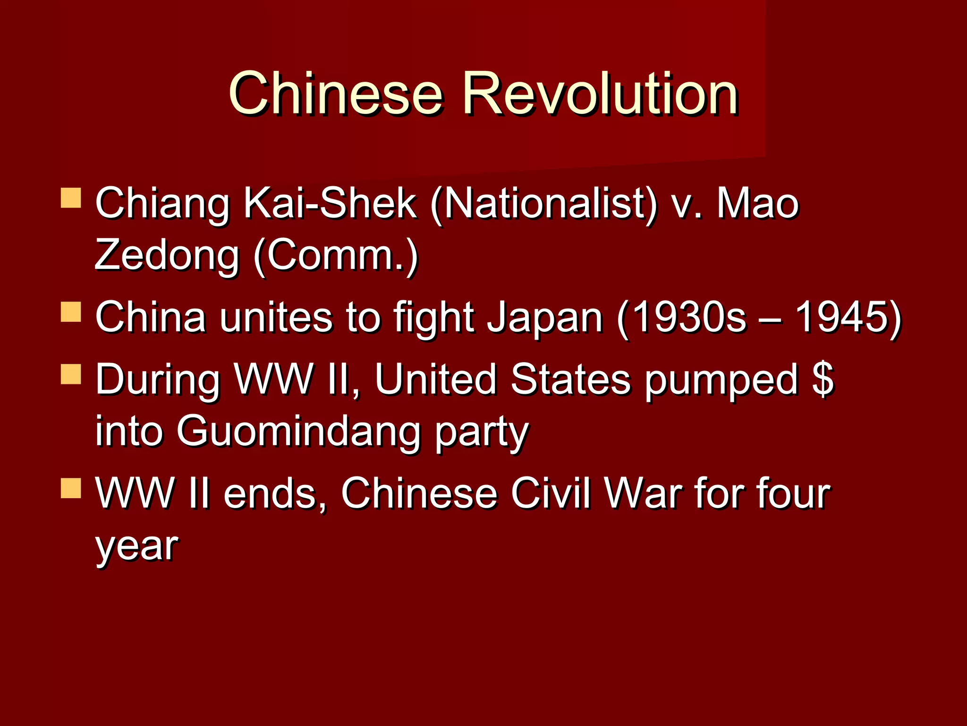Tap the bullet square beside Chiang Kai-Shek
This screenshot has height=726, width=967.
coord(71,198)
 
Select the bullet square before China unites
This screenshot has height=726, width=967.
coord(71,312)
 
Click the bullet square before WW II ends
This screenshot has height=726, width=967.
coord(71,488)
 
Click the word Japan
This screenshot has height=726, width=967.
coord(545,318)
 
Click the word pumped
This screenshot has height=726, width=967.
coord(721,381)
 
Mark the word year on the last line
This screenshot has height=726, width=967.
coord(136,546)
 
